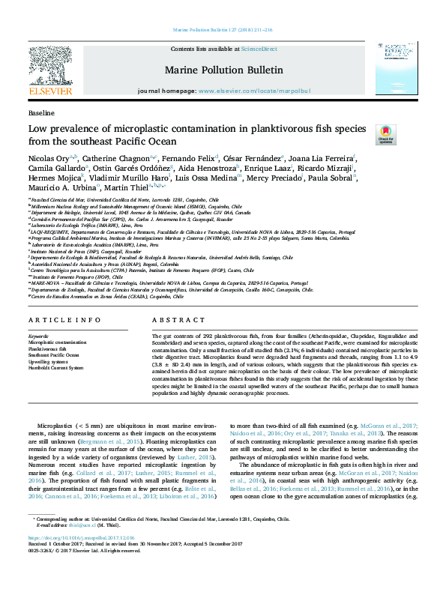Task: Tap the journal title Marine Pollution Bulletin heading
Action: (223, 70)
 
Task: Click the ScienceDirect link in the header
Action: (259, 49)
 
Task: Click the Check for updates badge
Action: (385, 135)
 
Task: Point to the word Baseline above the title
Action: (40, 112)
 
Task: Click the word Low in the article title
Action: (37, 128)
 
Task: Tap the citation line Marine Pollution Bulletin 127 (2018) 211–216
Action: (223, 31)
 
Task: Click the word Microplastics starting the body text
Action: (55, 424)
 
